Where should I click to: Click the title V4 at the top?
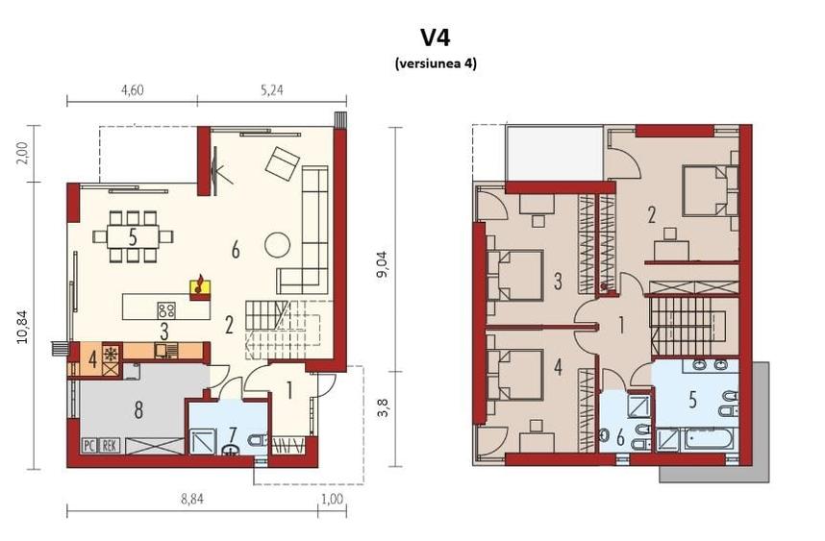point(435,37)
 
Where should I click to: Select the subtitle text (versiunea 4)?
point(435,63)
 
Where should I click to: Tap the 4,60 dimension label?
point(132,91)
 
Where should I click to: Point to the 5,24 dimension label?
point(272,91)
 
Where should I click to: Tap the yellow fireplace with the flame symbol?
point(200,284)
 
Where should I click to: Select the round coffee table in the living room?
point(277,244)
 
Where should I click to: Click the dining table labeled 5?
point(132,236)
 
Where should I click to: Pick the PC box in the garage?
point(87,445)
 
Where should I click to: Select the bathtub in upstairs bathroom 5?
point(710,442)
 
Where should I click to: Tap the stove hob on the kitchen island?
point(165,309)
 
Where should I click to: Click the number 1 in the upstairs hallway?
point(621,326)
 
